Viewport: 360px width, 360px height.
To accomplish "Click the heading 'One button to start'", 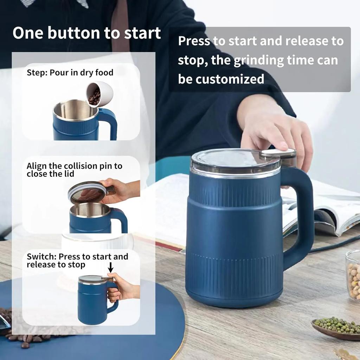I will (87, 33).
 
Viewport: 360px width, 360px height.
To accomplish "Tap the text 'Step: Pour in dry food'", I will (70, 73).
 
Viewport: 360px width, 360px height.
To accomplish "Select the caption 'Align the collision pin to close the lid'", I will (74, 169).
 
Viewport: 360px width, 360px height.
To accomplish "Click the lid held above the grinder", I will (88, 192).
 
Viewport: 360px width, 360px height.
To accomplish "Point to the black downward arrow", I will (111, 268).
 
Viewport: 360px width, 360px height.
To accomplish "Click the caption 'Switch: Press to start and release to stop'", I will (77, 261).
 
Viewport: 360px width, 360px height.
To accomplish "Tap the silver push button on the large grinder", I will (278, 153).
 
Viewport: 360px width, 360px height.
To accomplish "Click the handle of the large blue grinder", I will (301, 218).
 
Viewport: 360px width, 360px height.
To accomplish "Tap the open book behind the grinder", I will (330, 211).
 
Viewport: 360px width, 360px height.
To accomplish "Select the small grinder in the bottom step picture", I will (93, 299).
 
